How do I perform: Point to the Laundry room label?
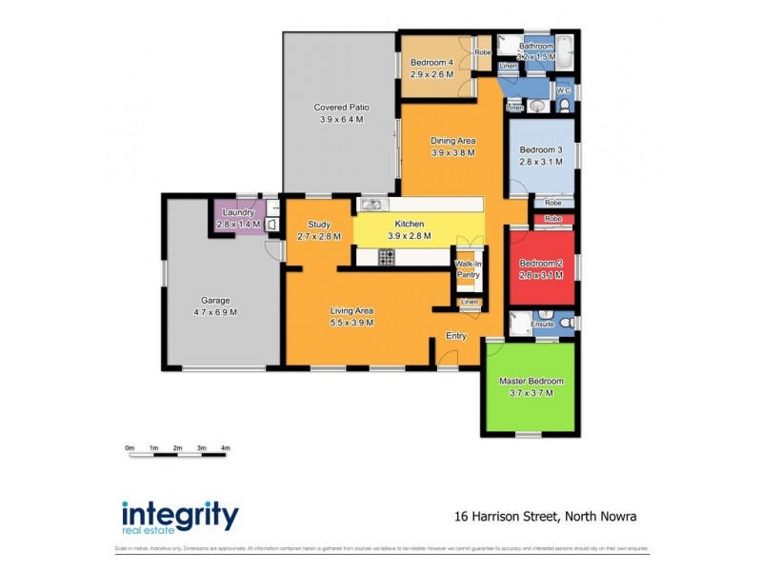tap(234, 212)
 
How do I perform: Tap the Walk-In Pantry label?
tap(468, 268)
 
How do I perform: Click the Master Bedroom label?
tap(531, 382)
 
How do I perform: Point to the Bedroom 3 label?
tap(541, 150)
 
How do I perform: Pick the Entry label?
tap(456, 335)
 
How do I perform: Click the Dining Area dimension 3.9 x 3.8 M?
tap(452, 152)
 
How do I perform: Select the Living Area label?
tap(351, 310)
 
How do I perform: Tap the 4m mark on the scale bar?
tap(225, 447)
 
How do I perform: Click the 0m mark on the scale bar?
tap(130, 447)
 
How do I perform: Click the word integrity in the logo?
tap(180, 515)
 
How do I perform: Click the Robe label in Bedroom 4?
tap(482, 52)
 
